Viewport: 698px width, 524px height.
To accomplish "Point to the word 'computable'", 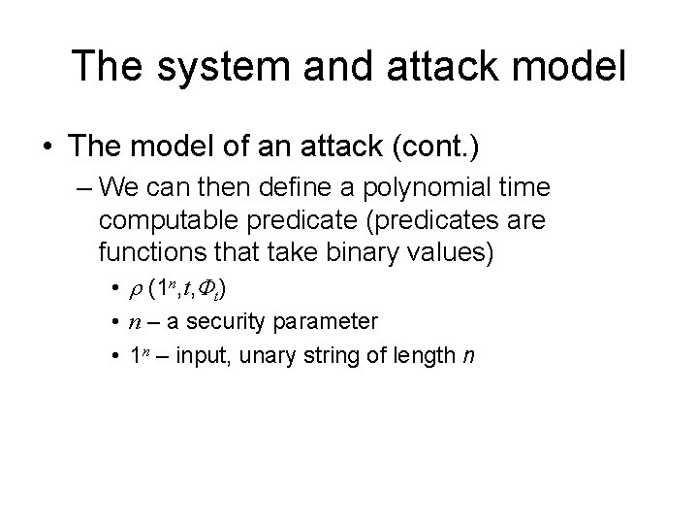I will (165, 220).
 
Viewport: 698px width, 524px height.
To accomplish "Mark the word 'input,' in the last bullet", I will (196, 356).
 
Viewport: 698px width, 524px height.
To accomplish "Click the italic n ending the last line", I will (469, 356).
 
